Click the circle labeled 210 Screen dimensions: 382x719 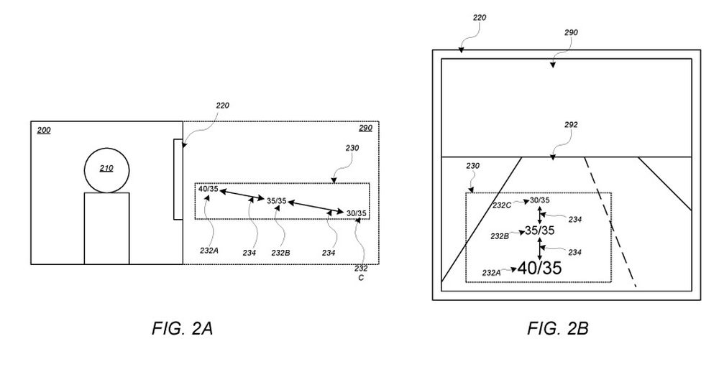(x=106, y=170)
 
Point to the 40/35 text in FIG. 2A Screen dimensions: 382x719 (x=209, y=189)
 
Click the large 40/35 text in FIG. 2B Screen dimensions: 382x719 (x=539, y=269)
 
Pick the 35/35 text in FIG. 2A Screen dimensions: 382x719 (x=276, y=201)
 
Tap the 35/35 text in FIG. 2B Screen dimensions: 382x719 (x=540, y=230)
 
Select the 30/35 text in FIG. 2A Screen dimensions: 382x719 (x=356, y=213)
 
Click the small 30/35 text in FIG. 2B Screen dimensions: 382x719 (x=540, y=200)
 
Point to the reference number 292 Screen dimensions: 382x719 (x=571, y=124)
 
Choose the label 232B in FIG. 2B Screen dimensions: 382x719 (x=501, y=236)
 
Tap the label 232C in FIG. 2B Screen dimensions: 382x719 (x=503, y=205)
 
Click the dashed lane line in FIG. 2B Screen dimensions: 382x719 (x=611, y=223)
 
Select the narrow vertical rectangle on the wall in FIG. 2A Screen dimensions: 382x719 (x=178, y=180)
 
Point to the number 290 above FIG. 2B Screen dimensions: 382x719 (x=572, y=32)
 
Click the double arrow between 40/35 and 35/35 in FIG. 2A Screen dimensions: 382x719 (x=241, y=195)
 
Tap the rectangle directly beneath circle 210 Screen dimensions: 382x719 (x=106, y=228)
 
